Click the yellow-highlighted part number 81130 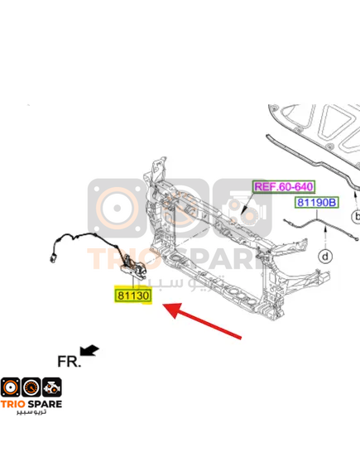pyautogui.click(x=133, y=296)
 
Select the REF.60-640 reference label pyautogui.click(x=284, y=186)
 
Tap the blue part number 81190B pyautogui.click(x=316, y=203)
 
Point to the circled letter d pyautogui.click(x=325, y=257)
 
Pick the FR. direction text pyautogui.click(x=69, y=362)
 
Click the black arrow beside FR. pyautogui.click(x=89, y=350)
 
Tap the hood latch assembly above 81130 pyautogui.click(x=133, y=267)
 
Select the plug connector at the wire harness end pyautogui.click(x=53, y=258)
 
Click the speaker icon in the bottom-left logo pyautogui.click(x=11, y=387)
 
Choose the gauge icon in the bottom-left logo pyautogui.click(x=31, y=387)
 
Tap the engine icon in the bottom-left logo pyautogui.click(x=52, y=387)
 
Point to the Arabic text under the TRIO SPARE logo pyautogui.click(x=31, y=411)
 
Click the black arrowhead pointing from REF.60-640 pyautogui.click(x=243, y=212)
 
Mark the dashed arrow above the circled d pyautogui.click(x=325, y=238)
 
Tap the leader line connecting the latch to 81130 pyautogui.click(x=133, y=282)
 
